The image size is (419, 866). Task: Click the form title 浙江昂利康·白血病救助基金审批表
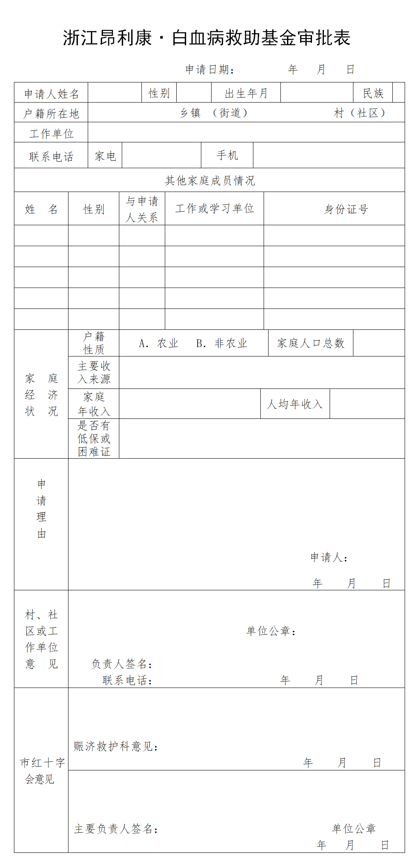tap(207, 38)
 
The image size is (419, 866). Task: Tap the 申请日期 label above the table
tap(209, 70)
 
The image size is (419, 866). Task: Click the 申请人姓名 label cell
tap(51, 94)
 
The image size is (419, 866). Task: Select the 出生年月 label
tap(246, 94)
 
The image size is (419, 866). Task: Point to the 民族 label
tap(373, 94)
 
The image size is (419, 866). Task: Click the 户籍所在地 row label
tap(51, 114)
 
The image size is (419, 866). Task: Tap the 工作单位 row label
tap(51, 134)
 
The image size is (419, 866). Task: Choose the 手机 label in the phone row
tap(227, 155)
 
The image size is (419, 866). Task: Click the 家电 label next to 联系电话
tap(105, 156)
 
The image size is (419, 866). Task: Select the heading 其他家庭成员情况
tap(209, 181)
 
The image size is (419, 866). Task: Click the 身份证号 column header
tap(346, 210)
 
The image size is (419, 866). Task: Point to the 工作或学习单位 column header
tap(214, 209)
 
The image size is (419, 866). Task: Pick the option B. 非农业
tap(221, 343)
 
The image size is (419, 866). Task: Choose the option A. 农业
tap(159, 343)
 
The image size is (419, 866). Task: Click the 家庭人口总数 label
tap(311, 343)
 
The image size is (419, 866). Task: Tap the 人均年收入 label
tap(295, 404)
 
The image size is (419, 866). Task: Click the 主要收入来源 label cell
tap(94, 372)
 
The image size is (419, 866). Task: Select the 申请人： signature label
tap(329, 557)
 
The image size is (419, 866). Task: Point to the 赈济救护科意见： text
tap(116, 746)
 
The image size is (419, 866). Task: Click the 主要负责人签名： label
tap(116, 829)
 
